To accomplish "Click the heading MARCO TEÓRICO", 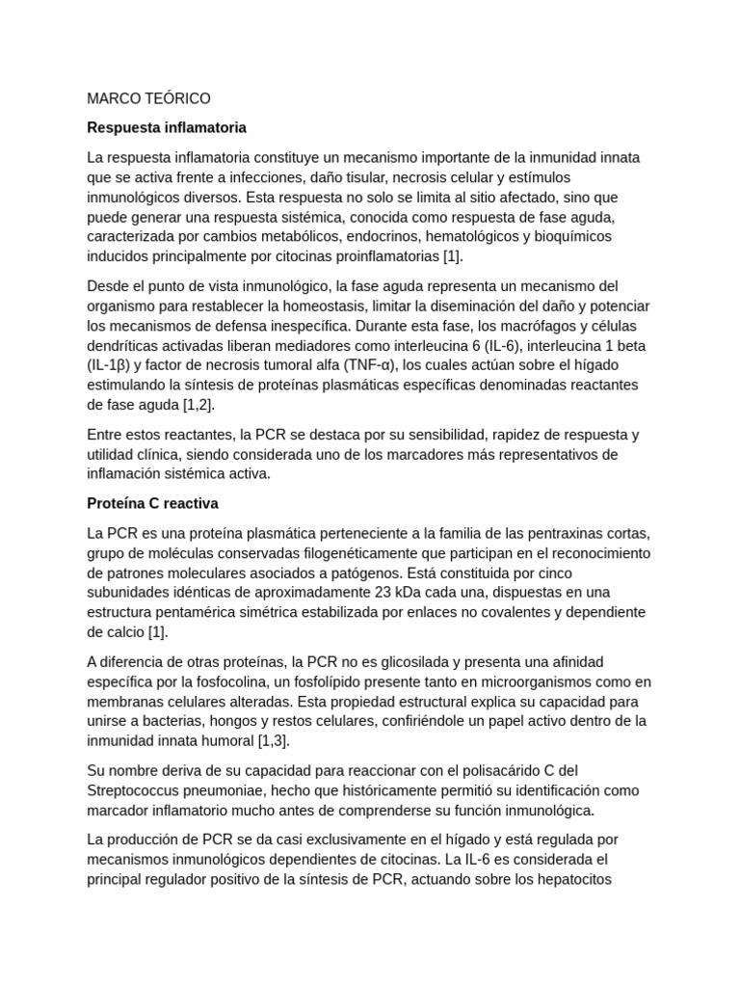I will [148, 98].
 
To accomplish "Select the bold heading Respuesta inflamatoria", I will [167, 126].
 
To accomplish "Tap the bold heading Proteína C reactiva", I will [153, 503].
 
